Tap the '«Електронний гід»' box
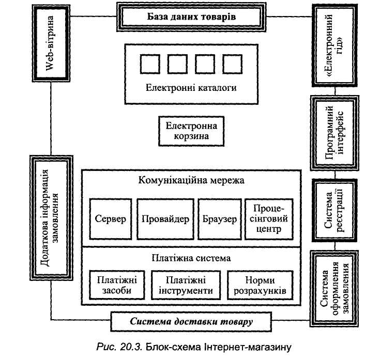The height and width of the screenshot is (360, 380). (331, 45)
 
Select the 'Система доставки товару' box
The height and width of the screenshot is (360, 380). (191, 323)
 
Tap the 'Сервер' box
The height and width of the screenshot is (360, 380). (111, 219)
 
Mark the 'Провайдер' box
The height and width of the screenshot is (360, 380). (164, 219)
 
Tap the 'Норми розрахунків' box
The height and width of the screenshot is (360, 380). (256, 285)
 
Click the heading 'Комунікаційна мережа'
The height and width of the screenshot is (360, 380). (191, 181)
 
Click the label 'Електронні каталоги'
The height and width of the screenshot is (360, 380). (191, 88)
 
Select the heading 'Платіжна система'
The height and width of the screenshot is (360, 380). (191, 257)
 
